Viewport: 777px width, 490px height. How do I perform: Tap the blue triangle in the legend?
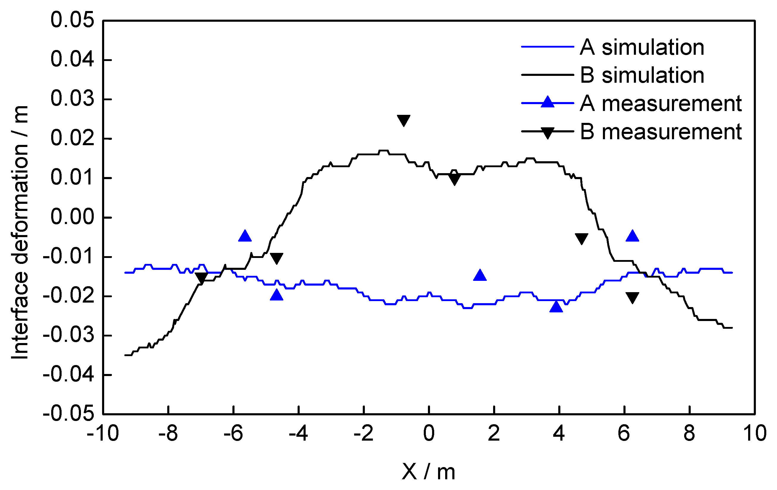[x=547, y=103]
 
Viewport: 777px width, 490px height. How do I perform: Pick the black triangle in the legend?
[x=547, y=132]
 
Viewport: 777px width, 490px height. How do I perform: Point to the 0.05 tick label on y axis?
[x=72, y=20]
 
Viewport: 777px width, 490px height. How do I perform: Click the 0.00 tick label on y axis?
[x=72, y=217]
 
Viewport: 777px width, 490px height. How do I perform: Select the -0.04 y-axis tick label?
[x=68, y=375]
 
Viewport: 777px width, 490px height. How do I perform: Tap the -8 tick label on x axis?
[x=168, y=433]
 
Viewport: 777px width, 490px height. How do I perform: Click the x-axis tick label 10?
[x=754, y=433]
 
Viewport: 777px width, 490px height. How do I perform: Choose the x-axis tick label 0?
[x=429, y=433]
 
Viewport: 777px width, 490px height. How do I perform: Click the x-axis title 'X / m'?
[x=428, y=472]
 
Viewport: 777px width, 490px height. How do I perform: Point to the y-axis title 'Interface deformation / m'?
[x=20, y=232]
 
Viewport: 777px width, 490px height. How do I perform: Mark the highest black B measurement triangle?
[x=403, y=120]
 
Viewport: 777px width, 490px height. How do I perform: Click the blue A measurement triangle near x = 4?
[x=556, y=306]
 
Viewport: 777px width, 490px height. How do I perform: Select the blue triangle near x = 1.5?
[x=479, y=275]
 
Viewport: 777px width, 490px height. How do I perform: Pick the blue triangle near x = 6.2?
[x=632, y=236]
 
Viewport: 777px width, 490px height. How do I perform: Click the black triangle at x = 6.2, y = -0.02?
[x=632, y=298]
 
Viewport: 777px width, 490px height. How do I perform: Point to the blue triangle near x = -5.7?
[x=245, y=236]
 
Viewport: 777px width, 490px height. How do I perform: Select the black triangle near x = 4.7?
[x=581, y=238]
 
